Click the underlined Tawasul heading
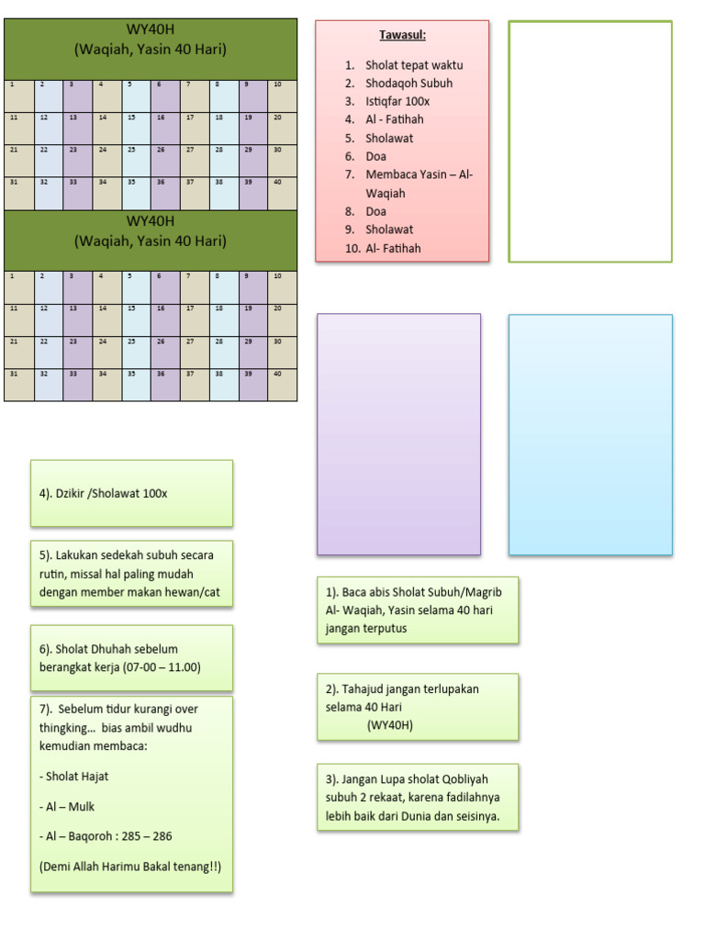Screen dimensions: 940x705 point(403,36)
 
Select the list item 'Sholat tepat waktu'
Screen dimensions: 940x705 point(414,65)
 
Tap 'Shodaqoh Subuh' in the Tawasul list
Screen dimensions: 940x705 point(408,84)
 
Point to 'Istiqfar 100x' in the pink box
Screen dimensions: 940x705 point(397,101)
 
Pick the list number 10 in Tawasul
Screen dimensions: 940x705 point(352,249)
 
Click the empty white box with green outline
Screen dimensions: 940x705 point(590,141)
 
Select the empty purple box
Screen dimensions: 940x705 point(398,434)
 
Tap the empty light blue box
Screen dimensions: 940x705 point(590,434)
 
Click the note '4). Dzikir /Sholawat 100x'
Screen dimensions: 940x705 point(104,494)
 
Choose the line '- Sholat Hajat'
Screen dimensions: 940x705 point(74,777)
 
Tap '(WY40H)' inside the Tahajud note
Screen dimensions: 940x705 point(390,725)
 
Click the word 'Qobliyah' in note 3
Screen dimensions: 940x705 point(468,779)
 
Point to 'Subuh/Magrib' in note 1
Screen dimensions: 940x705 point(466,592)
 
